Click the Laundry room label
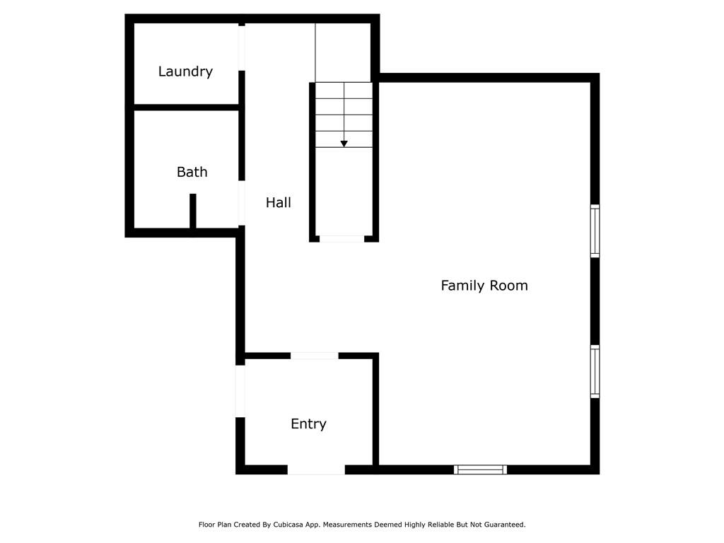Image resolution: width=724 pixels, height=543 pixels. pos(185,71)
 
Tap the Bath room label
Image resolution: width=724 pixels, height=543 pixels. pos(192,172)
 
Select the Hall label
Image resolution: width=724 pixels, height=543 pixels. pos(279,202)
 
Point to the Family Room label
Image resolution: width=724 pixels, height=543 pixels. pos(484,286)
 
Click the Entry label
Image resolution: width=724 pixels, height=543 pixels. pos(308,424)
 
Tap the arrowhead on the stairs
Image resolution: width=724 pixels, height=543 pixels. pos(344,144)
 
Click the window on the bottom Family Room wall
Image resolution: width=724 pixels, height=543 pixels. pos(480,469)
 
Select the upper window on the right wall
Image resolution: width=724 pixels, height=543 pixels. pos(595,231)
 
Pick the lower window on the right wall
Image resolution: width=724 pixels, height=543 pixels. pos(595,371)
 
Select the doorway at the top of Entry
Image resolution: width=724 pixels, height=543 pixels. pos(315,356)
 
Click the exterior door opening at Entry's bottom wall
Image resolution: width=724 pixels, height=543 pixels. pos(316,470)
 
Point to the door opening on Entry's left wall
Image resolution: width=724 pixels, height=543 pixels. pos(240,391)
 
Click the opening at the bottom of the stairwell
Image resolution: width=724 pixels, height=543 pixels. pos(341,239)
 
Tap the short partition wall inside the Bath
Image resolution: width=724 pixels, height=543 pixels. pos(193,211)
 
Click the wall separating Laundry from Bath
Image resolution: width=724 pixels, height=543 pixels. pos(186,107)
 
